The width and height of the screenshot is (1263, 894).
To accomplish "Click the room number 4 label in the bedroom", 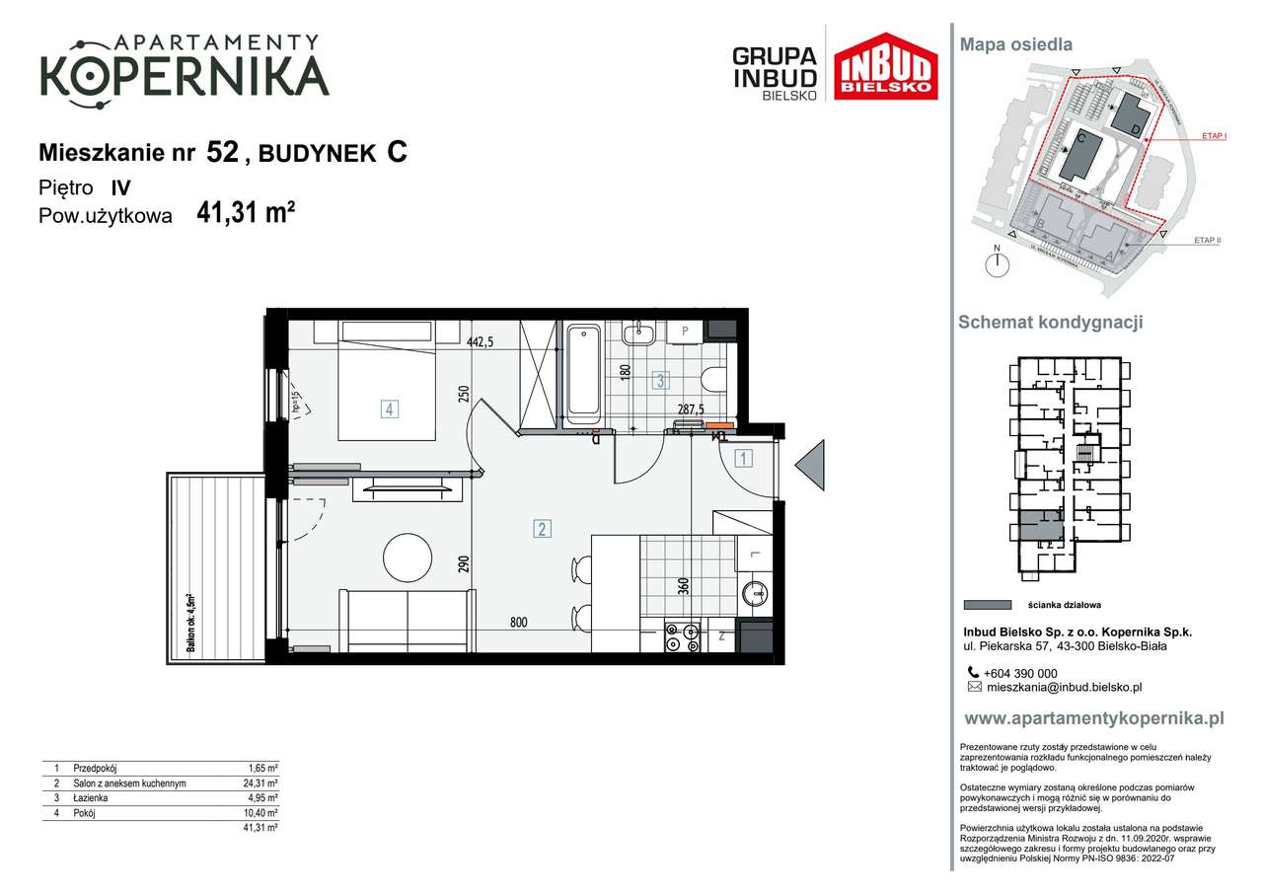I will (390, 408).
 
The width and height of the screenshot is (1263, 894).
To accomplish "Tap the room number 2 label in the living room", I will (542, 529).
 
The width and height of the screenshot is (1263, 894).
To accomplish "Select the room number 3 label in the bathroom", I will (661, 379).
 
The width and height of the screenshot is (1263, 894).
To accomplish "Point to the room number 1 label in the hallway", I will (744, 458).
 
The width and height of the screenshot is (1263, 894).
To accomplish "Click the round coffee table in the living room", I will (408, 558).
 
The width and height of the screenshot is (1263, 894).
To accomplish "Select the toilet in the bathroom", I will (712, 378).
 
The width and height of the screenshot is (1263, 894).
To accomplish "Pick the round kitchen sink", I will (756, 594).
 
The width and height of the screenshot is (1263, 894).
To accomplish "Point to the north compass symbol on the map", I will (998, 263).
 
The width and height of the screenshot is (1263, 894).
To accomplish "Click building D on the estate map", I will (1129, 116).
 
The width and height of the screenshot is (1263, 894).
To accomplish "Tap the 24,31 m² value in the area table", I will (261, 783).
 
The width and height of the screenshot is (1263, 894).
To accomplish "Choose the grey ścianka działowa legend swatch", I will (986, 605).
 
